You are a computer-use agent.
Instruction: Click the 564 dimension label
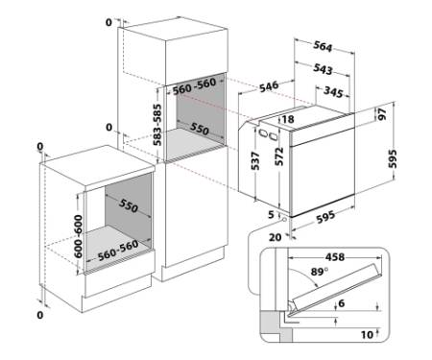pyautogui.click(x=323, y=46)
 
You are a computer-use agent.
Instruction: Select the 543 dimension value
pyautogui.click(x=323, y=69)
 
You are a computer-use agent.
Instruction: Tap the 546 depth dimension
pyautogui.click(x=269, y=86)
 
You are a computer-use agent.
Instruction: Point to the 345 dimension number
pyautogui.click(x=333, y=91)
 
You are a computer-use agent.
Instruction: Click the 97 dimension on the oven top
pyautogui.click(x=382, y=113)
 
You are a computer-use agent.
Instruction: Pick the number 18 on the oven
pyautogui.click(x=288, y=119)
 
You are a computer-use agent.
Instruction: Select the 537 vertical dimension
pyautogui.click(x=255, y=160)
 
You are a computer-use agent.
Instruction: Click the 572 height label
pyautogui.click(x=279, y=156)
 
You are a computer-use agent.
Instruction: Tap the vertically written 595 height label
pyautogui.click(x=393, y=158)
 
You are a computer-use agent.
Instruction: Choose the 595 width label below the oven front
pyautogui.click(x=325, y=217)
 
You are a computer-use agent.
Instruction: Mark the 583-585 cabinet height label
pyautogui.click(x=157, y=125)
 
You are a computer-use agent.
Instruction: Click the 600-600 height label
pyautogui.click(x=78, y=236)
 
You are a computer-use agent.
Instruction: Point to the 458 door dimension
pyautogui.click(x=335, y=257)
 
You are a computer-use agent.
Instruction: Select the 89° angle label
pyautogui.click(x=320, y=272)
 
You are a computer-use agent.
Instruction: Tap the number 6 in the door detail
pyautogui.click(x=342, y=303)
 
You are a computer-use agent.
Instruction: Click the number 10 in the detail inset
pyautogui.click(x=367, y=335)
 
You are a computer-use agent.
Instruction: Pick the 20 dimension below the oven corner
pyautogui.click(x=275, y=237)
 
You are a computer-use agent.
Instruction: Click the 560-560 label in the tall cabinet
pyautogui.click(x=194, y=86)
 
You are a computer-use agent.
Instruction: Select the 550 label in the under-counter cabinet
pyautogui.click(x=129, y=205)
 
